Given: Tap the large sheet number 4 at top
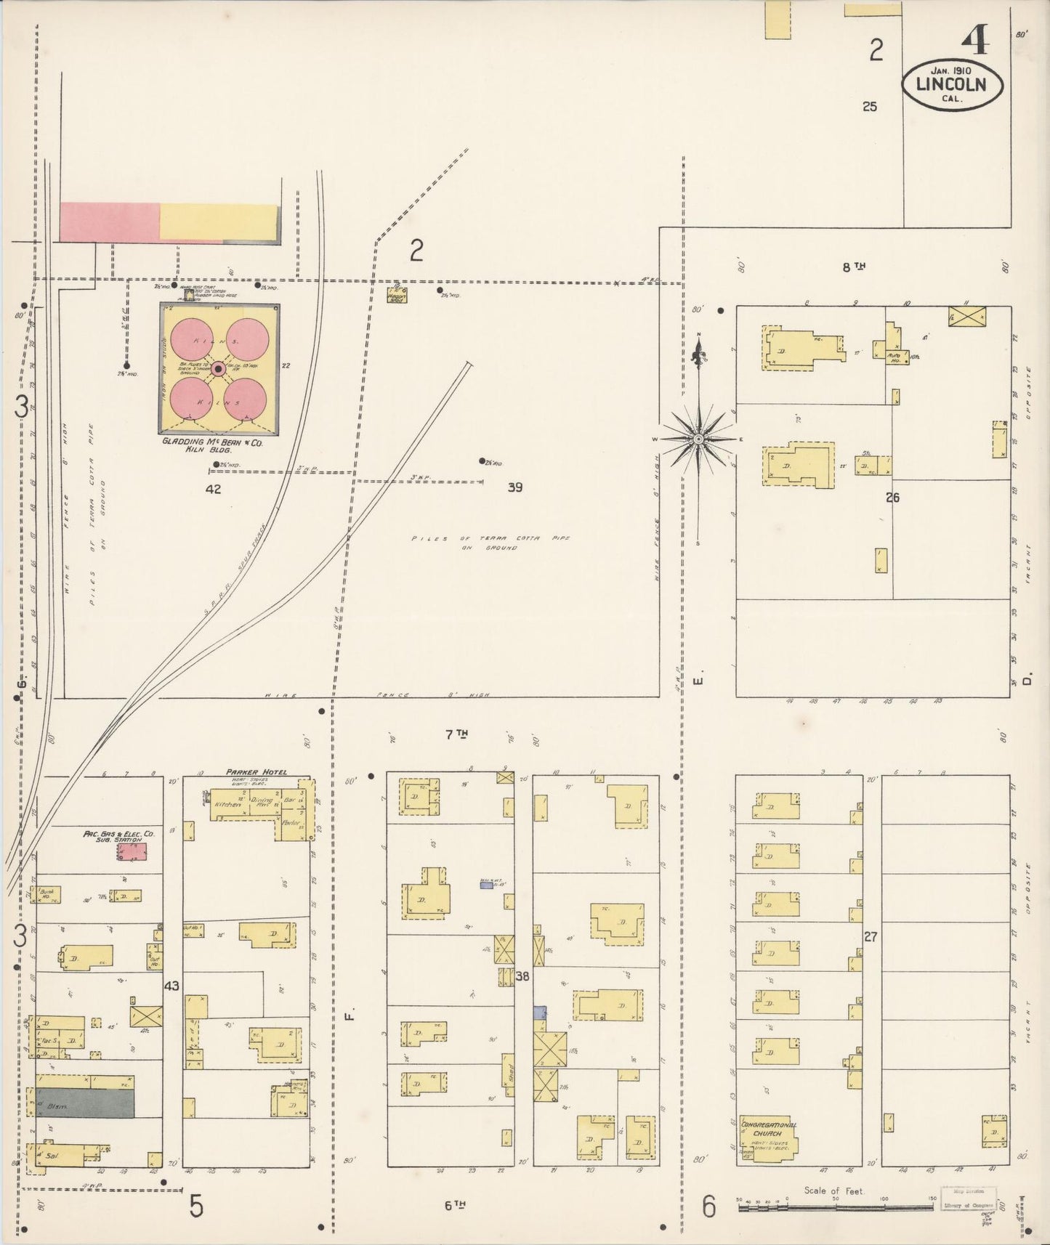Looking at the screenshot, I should point(974,42).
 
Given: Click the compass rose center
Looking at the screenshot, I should point(698,439).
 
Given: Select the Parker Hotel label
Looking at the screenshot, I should point(256,772).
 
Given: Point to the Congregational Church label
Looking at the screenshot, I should point(767,1129).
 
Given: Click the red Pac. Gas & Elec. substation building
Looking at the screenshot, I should point(132,852).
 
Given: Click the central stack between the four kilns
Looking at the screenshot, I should point(219,370).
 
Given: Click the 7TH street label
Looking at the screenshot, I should point(456,735).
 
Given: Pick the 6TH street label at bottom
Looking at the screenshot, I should point(455,1205).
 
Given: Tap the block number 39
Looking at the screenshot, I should point(514,487).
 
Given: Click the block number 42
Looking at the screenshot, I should point(213,490).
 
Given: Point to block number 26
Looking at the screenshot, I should point(892,498).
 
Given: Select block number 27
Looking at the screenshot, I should point(871,937).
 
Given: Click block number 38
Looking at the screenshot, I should point(522,977).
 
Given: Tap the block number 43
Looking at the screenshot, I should point(171,986).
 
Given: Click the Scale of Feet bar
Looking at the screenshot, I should point(836,1207).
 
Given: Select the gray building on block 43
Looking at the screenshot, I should point(86,1103).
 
